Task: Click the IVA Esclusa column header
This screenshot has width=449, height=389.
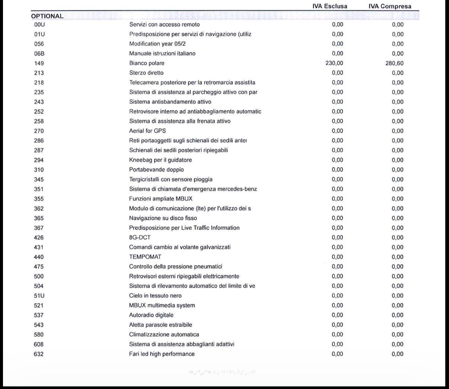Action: pyautogui.click(x=330, y=6)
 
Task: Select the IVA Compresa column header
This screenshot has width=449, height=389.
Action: pyautogui.click(x=390, y=6)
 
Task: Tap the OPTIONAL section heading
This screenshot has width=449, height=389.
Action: pyautogui.click(x=47, y=16)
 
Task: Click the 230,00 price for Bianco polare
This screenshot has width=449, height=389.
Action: pyautogui.click(x=334, y=63)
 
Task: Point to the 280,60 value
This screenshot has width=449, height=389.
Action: pyautogui.click(x=394, y=63)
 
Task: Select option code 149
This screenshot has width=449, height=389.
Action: pyautogui.click(x=39, y=63)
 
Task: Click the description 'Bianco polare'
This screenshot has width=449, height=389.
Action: pyautogui.click(x=147, y=63)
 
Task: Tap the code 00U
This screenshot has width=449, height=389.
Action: pyautogui.click(x=39, y=25)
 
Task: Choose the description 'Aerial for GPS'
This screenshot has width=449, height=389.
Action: pyautogui.click(x=147, y=131)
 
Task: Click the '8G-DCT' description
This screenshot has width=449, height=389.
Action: pyautogui.click(x=140, y=237)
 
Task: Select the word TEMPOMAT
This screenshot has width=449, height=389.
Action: pyautogui.click(x=145, y=257)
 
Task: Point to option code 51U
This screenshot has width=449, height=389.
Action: pyautogui.click(x=39, y=296)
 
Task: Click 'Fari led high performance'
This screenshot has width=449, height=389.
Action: pyautogui.click(x=162, y=354)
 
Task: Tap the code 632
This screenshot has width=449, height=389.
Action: pyautogui.click(x=39, y=354)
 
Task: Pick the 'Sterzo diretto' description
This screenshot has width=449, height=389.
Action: pyautogui.click(x=146, y=73)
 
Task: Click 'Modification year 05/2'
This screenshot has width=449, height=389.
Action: pyautogui.click(x=157, y=44)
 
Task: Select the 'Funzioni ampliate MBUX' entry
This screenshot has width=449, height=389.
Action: pyautogui.click(x=160, y=199)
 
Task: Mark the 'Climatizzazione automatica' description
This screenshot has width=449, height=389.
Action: pyautogui.click(x=164, y=335)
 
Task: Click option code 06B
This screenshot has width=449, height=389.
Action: pyautogui.click(x=39, y=54)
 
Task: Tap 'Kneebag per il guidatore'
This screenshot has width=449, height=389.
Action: pyautogui.click(x=160, y=160)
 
